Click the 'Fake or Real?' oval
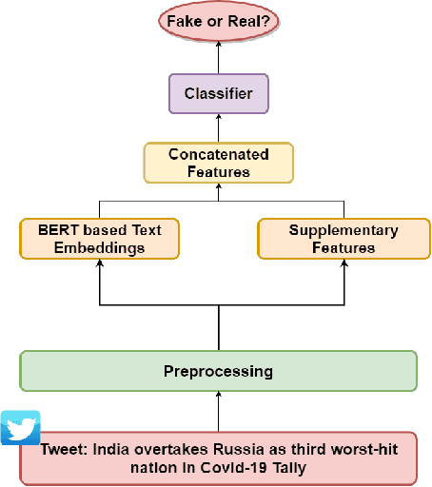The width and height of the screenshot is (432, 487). click(x=218, y=21)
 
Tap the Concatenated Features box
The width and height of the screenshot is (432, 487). click(x=218, y=163)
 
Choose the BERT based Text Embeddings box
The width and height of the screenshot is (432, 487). click(x=99, y=239)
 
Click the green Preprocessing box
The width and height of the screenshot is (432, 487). click(x=218, y=370)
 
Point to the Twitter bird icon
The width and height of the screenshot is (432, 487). click(x=20, y=428)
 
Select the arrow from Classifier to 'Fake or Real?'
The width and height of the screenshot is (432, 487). click(x=218, y=59)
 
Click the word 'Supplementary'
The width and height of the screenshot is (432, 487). click(x=331, y=230)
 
